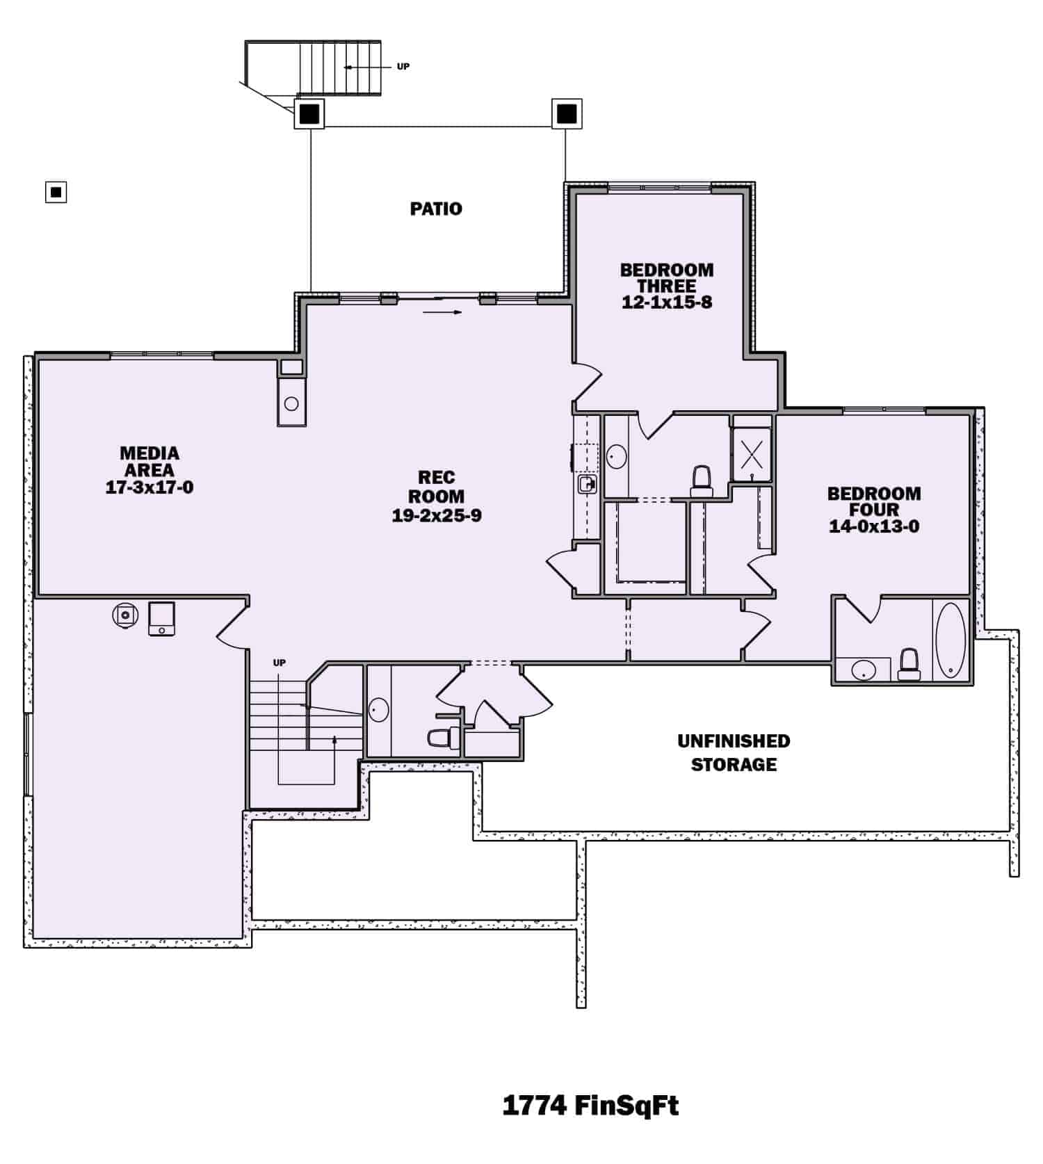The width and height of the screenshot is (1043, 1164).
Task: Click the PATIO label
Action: click(x=436, y=209)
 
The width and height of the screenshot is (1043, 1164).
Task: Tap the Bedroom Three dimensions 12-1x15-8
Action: click(x=667, y=302)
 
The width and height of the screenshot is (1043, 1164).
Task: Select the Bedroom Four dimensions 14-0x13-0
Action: click(x=874, y=526)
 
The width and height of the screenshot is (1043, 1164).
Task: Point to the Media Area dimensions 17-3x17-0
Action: click(x=149, y=487)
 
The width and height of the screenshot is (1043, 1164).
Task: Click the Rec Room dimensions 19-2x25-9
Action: click(x=437, y=516)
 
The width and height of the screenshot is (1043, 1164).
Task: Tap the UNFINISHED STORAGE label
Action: click(x=734, y=752)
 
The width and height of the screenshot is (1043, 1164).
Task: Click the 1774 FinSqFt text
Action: click(x=590, y=1105)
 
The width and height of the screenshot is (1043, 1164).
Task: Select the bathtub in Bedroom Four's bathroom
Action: click(x=951, y=640)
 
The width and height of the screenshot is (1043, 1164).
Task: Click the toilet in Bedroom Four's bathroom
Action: click(x=909, y=665)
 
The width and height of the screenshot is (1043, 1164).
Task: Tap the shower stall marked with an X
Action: click(x=752, y=455)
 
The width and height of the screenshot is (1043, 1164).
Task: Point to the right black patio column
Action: click(x=567, y=113)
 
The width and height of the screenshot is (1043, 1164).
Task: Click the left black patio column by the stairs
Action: click(x=309, y=113)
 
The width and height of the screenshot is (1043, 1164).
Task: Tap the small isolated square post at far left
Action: click(x=56, y=191)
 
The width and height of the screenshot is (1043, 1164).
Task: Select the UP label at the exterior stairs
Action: click(x=403, y=67)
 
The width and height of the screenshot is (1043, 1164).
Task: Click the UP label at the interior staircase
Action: click(x=280, y=663)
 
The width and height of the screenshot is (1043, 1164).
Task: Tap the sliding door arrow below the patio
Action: click(x=442, y=312)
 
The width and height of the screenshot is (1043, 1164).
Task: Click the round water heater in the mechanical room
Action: click(x=126, y=616)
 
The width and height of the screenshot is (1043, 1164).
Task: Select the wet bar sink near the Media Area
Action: click(x=292, y=403)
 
